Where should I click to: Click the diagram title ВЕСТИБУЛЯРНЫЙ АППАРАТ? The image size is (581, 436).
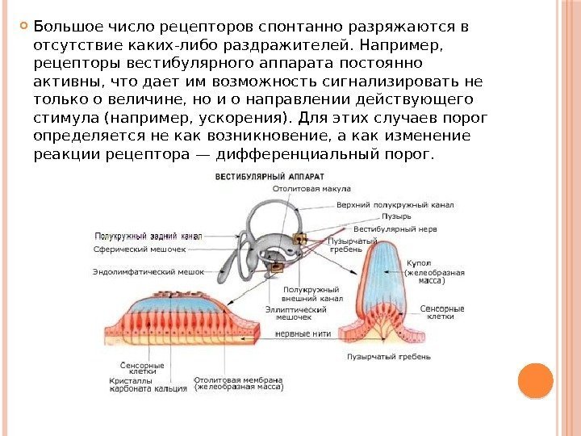click(268, 175)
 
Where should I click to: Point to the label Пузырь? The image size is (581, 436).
click(397, 216)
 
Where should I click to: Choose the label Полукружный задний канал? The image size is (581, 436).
click(148, 237)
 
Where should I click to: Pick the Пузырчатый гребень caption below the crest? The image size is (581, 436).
click(389, 355)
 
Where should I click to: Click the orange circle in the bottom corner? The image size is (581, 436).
click(535, 380)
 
